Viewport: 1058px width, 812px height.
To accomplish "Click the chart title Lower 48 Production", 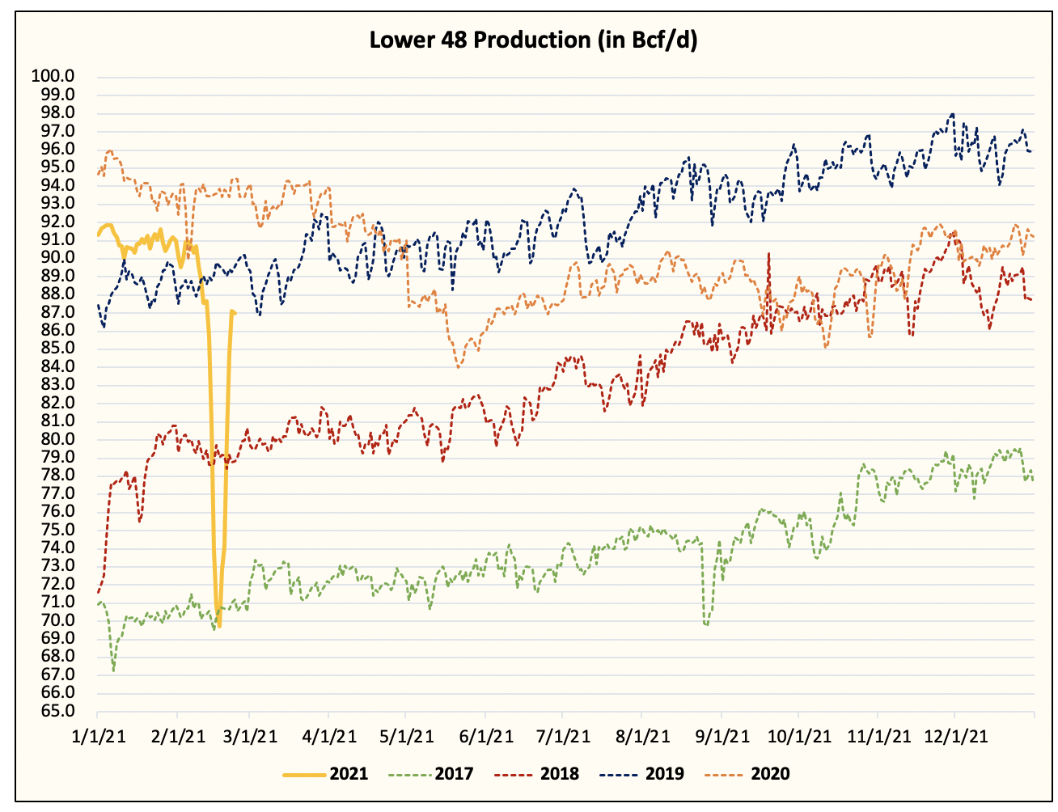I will [533, 40].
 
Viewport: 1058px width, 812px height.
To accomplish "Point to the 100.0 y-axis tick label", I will [53, 76].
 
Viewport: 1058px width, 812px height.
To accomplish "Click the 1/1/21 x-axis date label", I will [98, 737].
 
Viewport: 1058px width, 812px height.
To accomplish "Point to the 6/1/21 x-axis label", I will [486, 737].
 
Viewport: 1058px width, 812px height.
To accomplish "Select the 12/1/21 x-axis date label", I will [955, 737].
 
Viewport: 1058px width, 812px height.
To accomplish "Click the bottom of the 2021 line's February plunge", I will [219, 626].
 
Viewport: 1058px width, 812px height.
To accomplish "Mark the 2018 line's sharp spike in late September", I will [768, 253].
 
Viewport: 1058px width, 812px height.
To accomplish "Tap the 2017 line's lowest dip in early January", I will [113, 670].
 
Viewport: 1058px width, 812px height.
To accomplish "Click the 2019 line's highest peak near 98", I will [953, 114].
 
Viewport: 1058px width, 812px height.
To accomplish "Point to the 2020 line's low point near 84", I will [459, 367].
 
